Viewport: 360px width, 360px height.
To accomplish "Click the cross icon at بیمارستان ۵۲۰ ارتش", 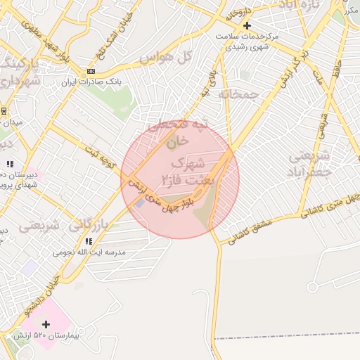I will [x=46, y=324].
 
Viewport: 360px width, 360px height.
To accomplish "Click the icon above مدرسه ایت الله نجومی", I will [x=89, y=241].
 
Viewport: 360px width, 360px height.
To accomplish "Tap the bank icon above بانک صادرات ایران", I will [x=90, y=72].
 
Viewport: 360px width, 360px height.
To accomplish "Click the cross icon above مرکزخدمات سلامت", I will [x=246, y=26].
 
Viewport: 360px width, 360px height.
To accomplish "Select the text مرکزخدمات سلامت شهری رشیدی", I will [x=246, y=40].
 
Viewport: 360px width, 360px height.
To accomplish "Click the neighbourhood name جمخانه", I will [x=235, y=93].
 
